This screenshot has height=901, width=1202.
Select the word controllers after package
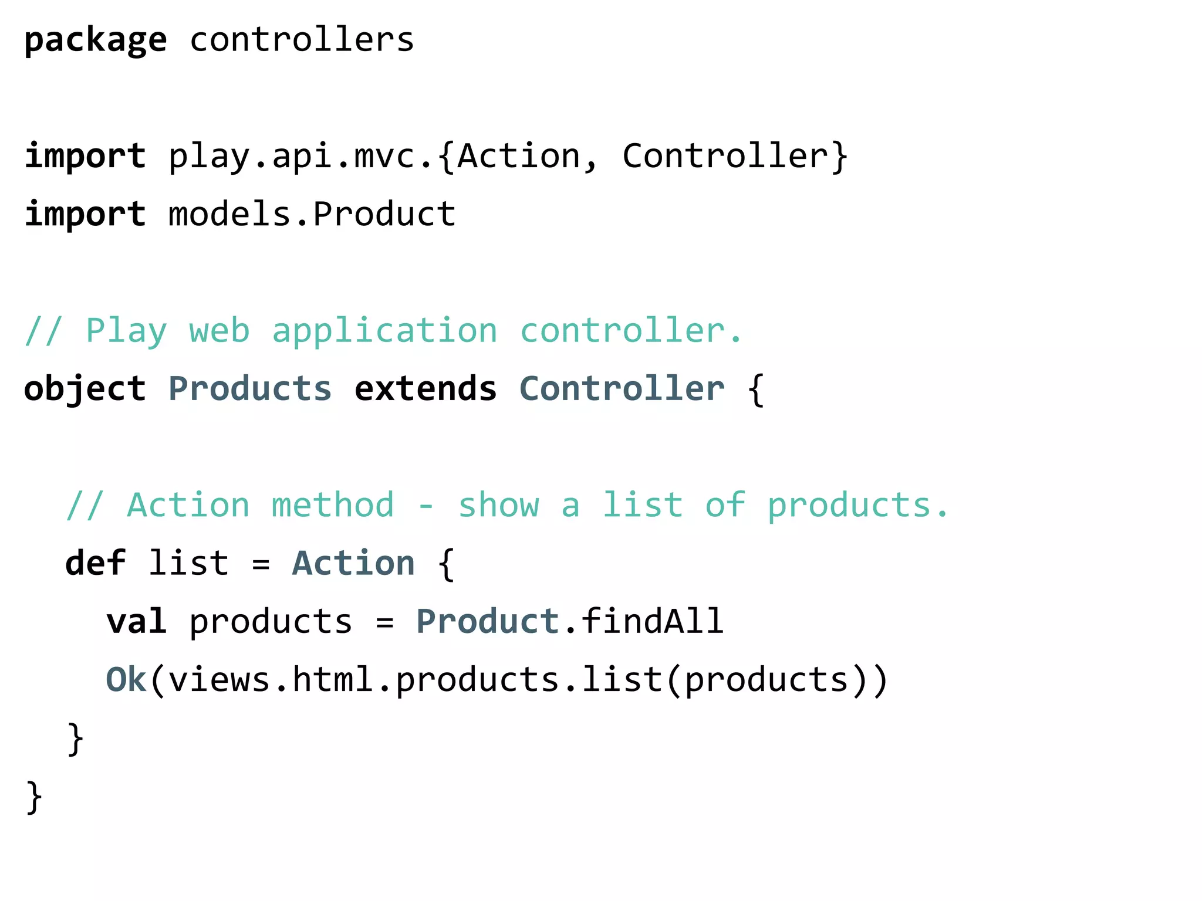click(x=302, y=40)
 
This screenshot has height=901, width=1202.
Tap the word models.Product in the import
click(x=312, y=214)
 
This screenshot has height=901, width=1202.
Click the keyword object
click(x=85, y=389)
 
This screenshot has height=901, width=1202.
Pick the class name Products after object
click(x=250, y=389)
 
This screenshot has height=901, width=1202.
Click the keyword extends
click(x=426, y=389)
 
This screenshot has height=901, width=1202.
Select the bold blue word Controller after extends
click(x=622, y=389)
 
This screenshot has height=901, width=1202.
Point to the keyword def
click(x=95, y=563)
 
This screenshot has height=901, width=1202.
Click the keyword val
click(x=136, y=621)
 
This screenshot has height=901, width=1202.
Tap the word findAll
click(x=652, y=621)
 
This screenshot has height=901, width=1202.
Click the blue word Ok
click(x=126, y=680)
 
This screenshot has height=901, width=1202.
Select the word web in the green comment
click(x=219, y=331)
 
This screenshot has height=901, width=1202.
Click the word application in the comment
click(x=384, y=332)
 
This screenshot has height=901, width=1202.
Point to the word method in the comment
click(x=333, y=505)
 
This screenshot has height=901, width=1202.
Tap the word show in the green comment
click(x=498, y=505)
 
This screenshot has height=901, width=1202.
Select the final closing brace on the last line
click(x=34, y=797)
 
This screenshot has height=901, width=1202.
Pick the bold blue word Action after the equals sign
click(x=353, y=563)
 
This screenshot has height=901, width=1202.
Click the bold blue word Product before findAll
click(x=488, y=621)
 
